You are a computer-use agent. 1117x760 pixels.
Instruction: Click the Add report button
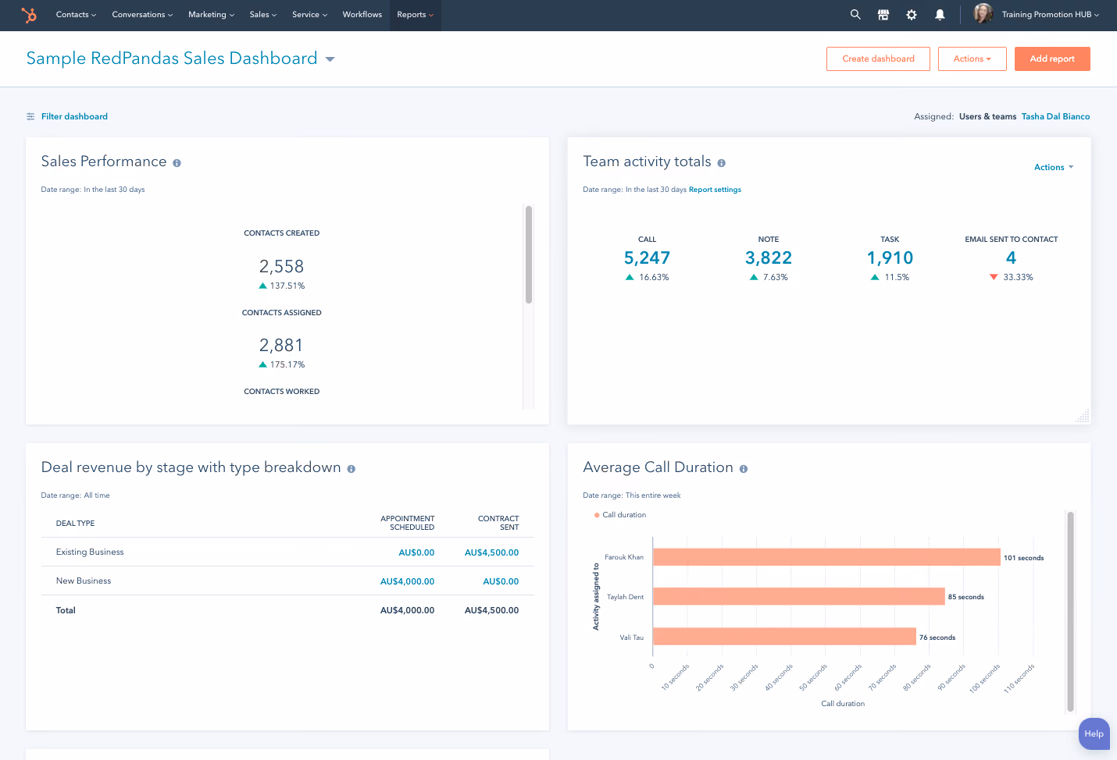[1052, 59]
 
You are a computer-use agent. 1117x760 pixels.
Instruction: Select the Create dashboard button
[878, 59]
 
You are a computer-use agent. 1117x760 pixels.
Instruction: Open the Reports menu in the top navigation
[415, 15]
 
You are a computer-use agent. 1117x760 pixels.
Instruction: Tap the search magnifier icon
[855, 15]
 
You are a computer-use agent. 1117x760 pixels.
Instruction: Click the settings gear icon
[912, 15]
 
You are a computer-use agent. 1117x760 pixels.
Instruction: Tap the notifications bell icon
[940, 15]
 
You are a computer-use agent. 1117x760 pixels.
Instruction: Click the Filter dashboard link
[74, 116]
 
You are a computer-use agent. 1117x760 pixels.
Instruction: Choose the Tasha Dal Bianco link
[1055, 116]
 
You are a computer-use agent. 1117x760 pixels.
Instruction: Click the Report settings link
[715, 190]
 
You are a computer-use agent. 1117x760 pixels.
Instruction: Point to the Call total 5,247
[647, 257]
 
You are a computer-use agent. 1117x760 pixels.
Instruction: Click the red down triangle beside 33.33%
[994, 277]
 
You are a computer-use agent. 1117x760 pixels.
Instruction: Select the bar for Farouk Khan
[826, 557]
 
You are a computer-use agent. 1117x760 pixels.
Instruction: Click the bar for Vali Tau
[784, 637]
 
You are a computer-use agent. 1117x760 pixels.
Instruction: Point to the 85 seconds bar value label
[966, 597]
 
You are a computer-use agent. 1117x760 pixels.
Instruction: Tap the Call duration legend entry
[620, 515]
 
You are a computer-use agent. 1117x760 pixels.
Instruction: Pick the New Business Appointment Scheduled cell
[407, 581]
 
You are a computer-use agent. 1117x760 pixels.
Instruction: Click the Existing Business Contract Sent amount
[491, 552]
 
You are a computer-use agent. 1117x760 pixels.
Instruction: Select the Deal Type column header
[75, 523]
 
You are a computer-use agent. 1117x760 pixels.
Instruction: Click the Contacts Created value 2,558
[281, 266]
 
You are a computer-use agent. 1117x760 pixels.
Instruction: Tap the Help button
[1094, 733]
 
